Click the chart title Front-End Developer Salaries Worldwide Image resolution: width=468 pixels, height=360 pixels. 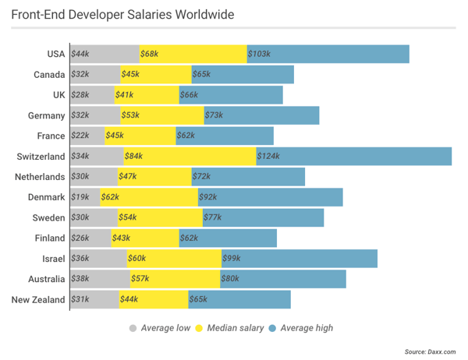(x=122, y=15)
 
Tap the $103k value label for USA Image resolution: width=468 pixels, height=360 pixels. (x=259, y=54)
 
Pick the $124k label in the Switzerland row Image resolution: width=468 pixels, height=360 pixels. (x=269, y=156)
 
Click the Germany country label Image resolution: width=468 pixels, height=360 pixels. (x=46, y=115)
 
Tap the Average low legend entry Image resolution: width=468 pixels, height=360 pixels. (x=159, y=328)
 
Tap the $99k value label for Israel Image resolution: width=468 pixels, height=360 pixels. (x=232, y=258)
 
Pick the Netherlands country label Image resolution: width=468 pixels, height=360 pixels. (x=40, y=177)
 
